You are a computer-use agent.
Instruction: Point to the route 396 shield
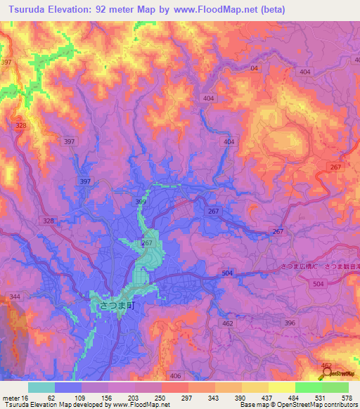(289, 323)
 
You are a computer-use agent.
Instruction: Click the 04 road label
(254, 68)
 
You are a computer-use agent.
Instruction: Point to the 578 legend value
(347, 397)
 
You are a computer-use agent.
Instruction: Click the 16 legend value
(25, 397)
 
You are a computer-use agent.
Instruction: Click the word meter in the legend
(11, 397)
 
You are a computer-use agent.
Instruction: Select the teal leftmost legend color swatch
(41, 387)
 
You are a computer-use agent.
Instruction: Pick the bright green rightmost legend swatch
(335, 387)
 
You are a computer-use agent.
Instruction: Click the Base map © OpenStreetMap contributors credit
(297, 405)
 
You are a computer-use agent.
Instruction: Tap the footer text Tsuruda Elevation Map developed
(46, 405)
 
